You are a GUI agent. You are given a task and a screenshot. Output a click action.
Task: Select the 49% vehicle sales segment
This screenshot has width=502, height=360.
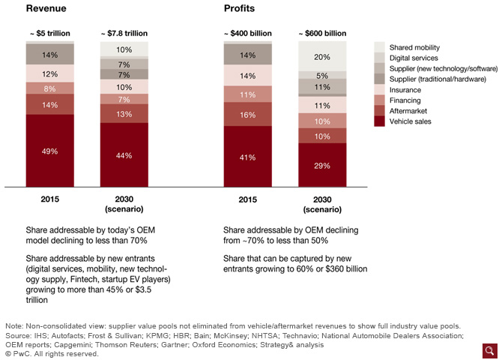point(50,150)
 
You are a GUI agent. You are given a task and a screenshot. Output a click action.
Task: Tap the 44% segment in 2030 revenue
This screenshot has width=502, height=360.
point(124,154)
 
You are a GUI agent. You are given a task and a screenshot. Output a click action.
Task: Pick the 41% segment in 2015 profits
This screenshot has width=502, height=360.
point(247,156)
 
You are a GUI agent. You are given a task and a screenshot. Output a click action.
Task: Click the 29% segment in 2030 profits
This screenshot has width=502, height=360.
point(321,164)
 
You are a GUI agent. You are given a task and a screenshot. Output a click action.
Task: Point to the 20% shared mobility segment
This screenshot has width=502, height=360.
point(321,56)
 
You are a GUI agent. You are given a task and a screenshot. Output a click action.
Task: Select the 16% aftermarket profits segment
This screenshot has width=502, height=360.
point(247,114)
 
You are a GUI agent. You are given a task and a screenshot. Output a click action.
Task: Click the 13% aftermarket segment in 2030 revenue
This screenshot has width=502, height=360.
point(124,114)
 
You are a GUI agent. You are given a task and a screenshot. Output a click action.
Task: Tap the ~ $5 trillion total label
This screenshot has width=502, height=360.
point(50,33)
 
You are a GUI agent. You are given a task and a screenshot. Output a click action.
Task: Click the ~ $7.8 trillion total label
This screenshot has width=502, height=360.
point(124,33)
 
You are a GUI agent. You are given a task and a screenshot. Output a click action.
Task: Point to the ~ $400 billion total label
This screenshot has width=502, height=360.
point(247,33)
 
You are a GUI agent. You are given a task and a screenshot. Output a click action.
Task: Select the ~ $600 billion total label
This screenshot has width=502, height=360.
point(321,33)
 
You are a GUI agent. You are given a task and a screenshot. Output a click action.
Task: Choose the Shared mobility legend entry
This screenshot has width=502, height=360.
point(413,46)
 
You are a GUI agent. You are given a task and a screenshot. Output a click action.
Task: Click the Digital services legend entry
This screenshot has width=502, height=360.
point(411,57)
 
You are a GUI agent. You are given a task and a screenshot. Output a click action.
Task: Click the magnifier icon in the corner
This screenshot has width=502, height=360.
point(490,350)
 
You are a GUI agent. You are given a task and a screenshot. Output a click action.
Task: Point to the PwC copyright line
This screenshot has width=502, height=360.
point(52,353)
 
